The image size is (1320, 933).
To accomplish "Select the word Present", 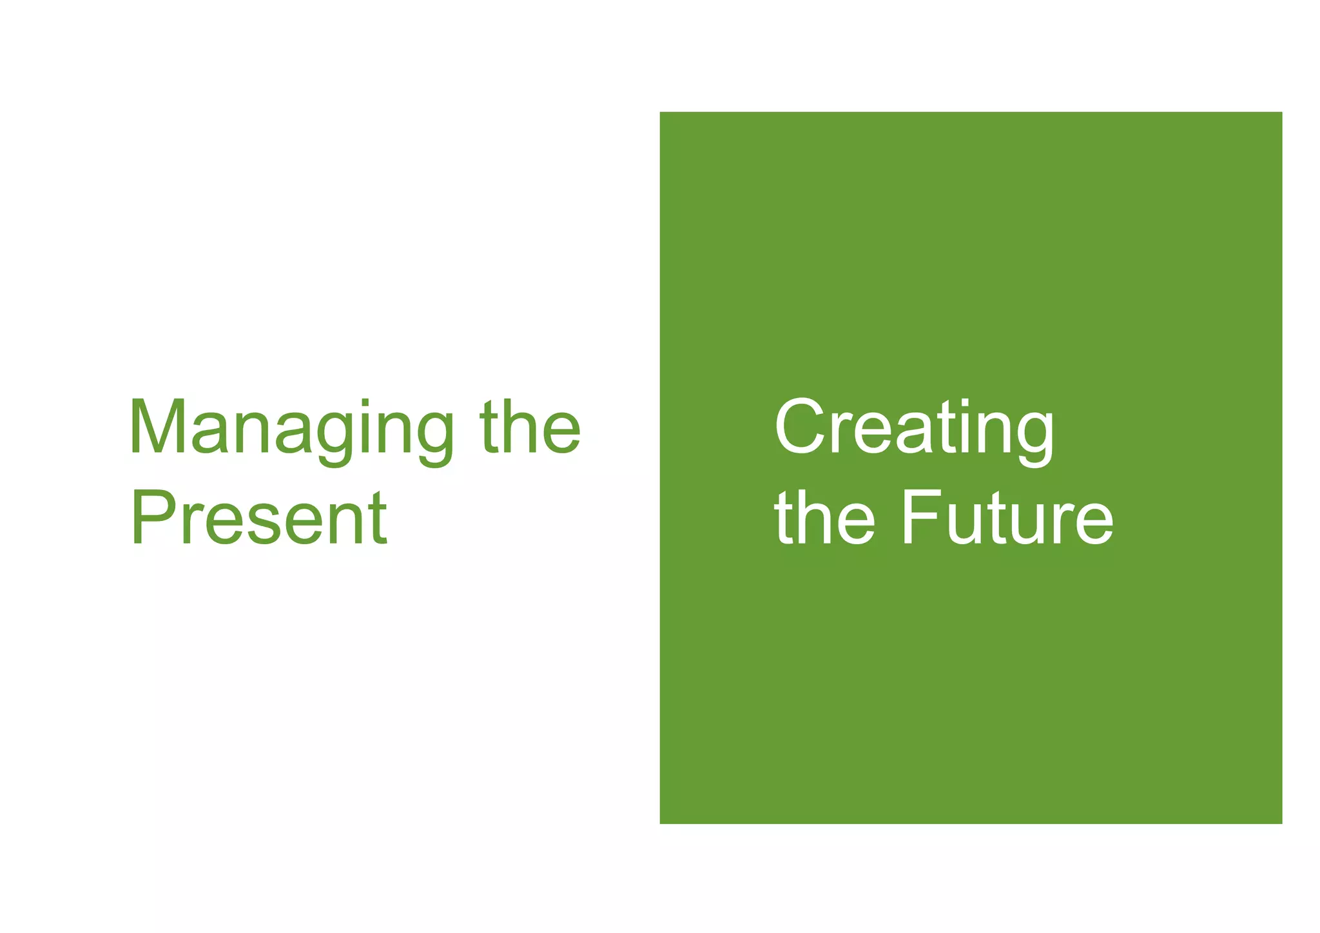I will [258, 518].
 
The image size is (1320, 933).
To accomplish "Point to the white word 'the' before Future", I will [824, 518].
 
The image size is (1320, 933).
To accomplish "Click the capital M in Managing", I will [157, 426].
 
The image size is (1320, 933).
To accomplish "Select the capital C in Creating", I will [800, 426].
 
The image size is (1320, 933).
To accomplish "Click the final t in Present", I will [379, 519].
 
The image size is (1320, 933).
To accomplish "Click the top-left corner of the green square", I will [661, 113].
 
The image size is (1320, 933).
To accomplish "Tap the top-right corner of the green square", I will [1281, 113].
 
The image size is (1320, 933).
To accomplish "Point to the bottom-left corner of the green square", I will [661, 823].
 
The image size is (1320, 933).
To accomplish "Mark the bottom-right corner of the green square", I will [1281, 823].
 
